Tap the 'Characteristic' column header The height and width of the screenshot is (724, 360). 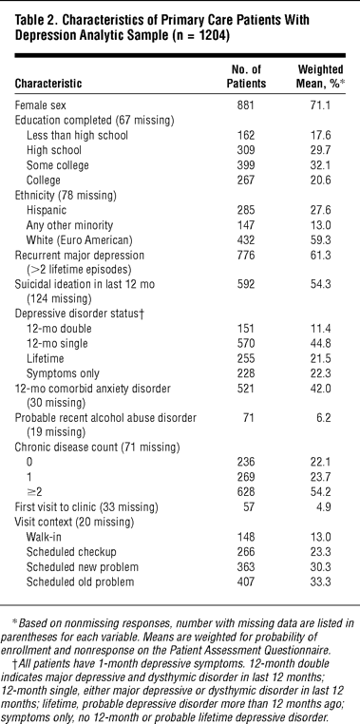[48, 84]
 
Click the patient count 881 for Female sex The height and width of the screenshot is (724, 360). [245, 105]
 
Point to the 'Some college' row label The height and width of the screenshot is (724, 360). [58, 165]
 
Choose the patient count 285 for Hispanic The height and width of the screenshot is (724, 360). [245, 210]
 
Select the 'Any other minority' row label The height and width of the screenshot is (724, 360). [69, 225]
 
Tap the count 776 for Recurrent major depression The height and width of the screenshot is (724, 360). [245, 256]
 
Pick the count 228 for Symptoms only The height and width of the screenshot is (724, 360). [245, 373]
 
